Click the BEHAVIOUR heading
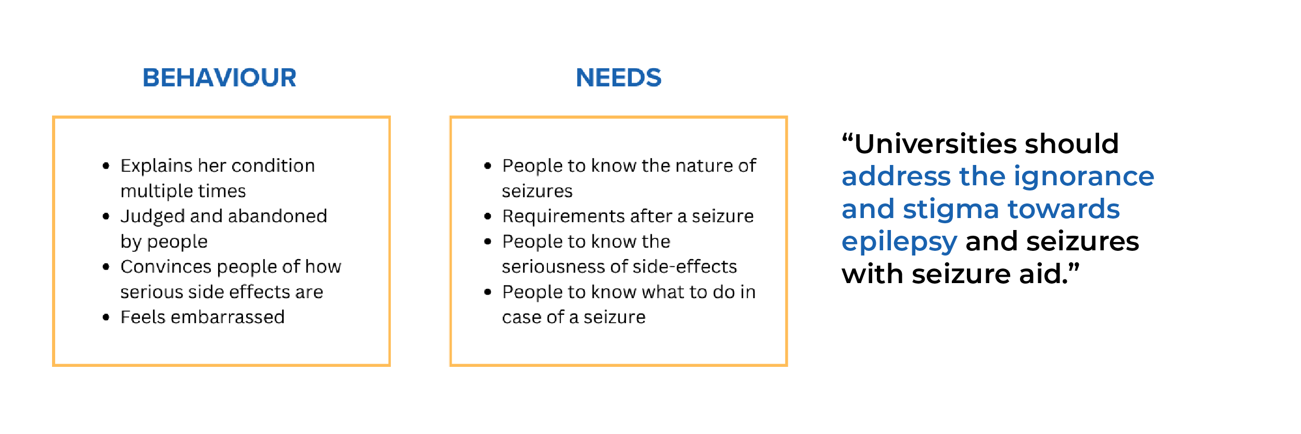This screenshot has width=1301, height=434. point(219,78)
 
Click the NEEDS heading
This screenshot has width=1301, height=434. point(618,78)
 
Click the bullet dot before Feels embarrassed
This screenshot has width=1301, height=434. point(106,317)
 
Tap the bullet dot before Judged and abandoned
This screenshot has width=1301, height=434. point(106,216)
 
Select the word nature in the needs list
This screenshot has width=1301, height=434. point(704,166)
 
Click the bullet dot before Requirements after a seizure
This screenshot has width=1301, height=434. point(488,216)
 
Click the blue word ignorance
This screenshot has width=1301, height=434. point(1083,177)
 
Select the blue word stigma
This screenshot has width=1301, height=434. point(951,210)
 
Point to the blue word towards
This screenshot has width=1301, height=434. point(1063,209)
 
